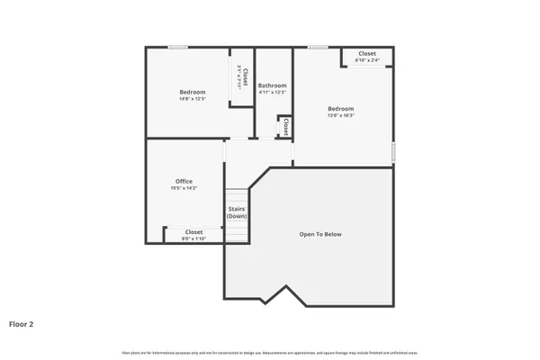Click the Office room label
tap(184, 181)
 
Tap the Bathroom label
tap(272, 85)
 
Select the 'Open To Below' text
tap(320, 234)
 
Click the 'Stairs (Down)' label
tap(237, 212)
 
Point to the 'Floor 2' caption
tap(22, 323)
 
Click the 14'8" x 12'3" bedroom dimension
tap(192, 99)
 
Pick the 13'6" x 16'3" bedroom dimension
tap(340, 115)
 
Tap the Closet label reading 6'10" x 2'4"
tap(367, 60)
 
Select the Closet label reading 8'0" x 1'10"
tap(193, 238)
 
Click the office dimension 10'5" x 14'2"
tap(184, 188)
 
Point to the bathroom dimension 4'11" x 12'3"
tap(272, 92)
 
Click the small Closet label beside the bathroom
tap(285, 126)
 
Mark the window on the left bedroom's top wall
tap(178, 47)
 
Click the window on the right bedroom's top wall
tap(318, 47)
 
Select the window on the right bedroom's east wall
tap(393, 152)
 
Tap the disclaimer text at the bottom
tap(270, 352)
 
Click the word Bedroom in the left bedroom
tap(192, 92)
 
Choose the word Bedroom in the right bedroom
tap(340, 108)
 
